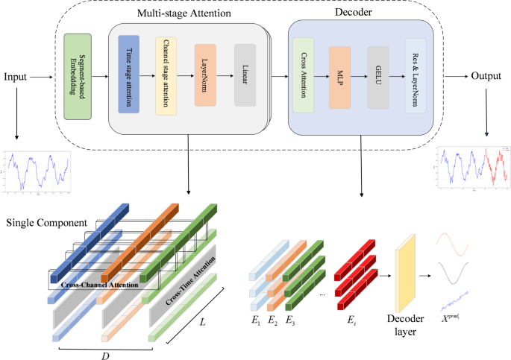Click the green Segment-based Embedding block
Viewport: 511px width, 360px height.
(78, 77)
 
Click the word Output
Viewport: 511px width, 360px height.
(486, 77)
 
